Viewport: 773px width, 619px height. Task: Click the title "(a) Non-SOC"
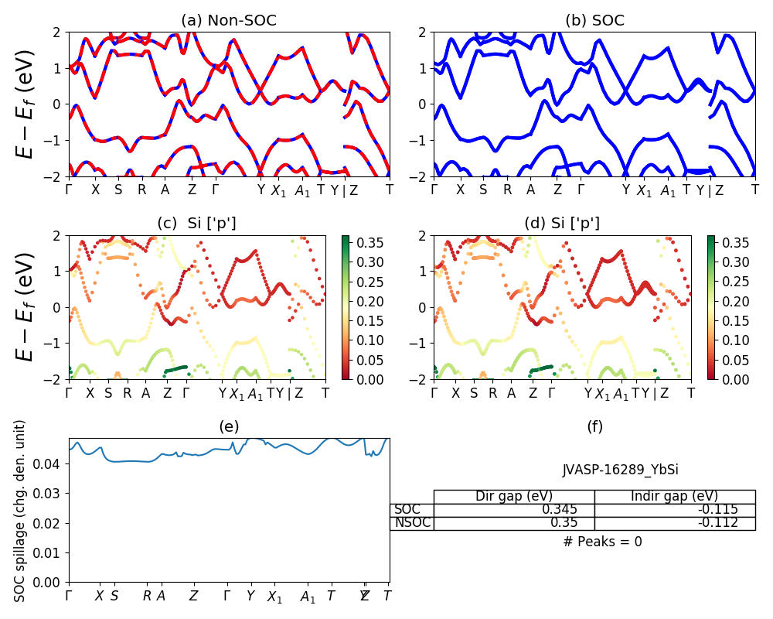tap(228, 21)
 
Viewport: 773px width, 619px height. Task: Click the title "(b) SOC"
tap(594, 21)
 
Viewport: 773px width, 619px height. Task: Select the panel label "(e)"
tap(229, 426)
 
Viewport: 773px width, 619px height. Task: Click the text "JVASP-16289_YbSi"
tap(620, 470)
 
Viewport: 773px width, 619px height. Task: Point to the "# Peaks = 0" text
tap(602, 542)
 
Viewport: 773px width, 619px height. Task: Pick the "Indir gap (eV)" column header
tap(675, 497)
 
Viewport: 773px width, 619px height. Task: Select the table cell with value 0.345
tap(573, 510)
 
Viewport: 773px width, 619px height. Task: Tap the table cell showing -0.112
tap(719, 523)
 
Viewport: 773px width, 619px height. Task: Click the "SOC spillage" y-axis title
tap(21, 511)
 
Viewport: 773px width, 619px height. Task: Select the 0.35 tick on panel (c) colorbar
tap(360, 243)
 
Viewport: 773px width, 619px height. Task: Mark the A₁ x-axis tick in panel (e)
tap(308, 597)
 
